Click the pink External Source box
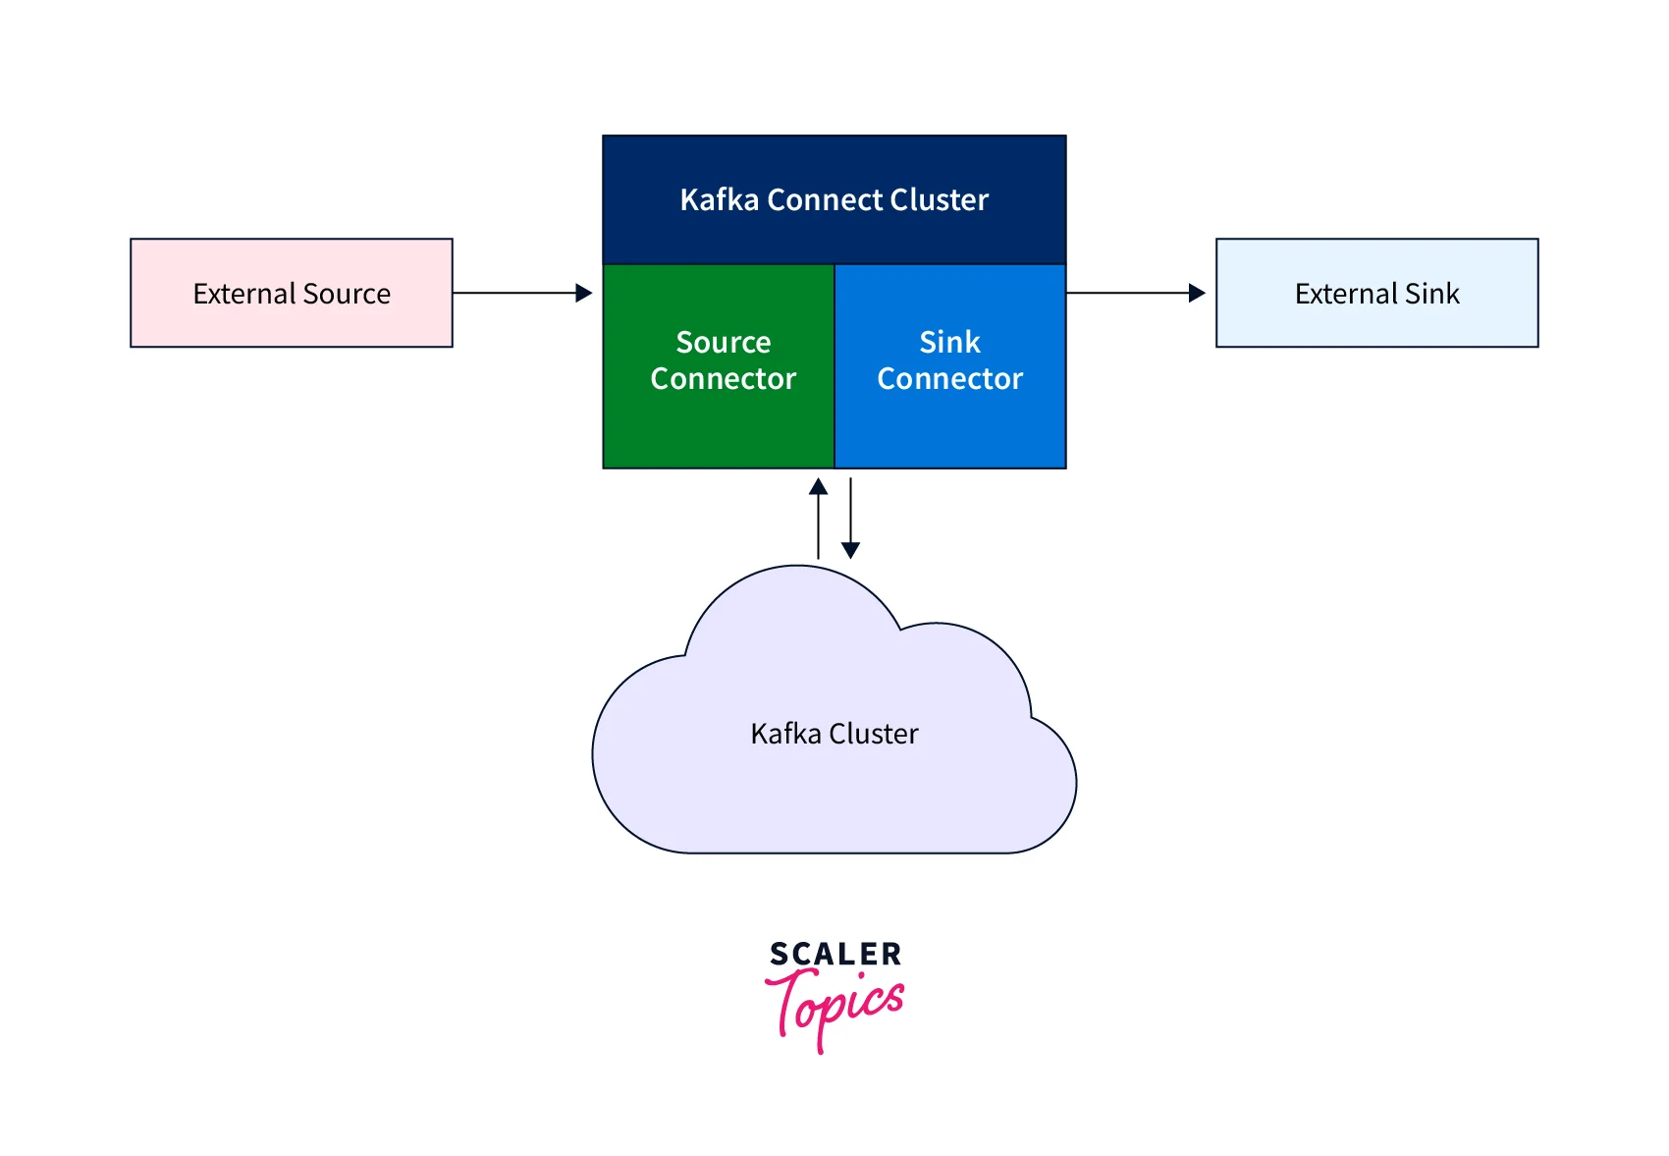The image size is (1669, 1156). [291, 293]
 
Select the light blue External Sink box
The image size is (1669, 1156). [1376, 293]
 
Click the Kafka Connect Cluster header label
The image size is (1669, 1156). [834, 199]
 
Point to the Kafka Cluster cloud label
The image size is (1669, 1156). [834, 734]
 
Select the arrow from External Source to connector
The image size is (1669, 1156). [522, 293]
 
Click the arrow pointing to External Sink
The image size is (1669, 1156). [1136, 293]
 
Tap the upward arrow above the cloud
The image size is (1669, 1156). [818, 518]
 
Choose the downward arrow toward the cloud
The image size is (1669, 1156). [851, 518]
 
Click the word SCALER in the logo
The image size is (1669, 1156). [834, 954]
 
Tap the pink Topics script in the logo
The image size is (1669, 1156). [835, 1006]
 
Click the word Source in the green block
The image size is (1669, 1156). [724, 342]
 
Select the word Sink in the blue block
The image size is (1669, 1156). [949, 342]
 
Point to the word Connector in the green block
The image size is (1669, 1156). [724, 379]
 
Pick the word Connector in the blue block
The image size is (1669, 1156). [949, 379]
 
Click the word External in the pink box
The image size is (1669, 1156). [243, 294]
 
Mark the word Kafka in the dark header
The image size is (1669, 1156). [720, 199]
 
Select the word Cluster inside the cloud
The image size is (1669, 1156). [874, 734]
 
